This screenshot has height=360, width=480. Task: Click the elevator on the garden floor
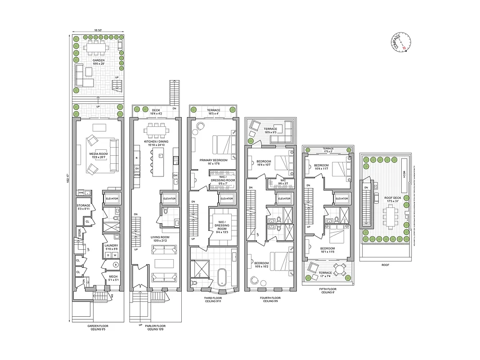click(x=111, y=198)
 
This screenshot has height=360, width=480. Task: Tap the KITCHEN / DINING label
click(x=156, y=142)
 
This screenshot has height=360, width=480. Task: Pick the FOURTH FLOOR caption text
click(x=270, y=298)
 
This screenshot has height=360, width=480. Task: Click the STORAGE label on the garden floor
click(x=84, y=206)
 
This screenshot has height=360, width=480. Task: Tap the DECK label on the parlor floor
click(x=156, y=109)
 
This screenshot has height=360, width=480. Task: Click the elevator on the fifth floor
click(x=341, y=198)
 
